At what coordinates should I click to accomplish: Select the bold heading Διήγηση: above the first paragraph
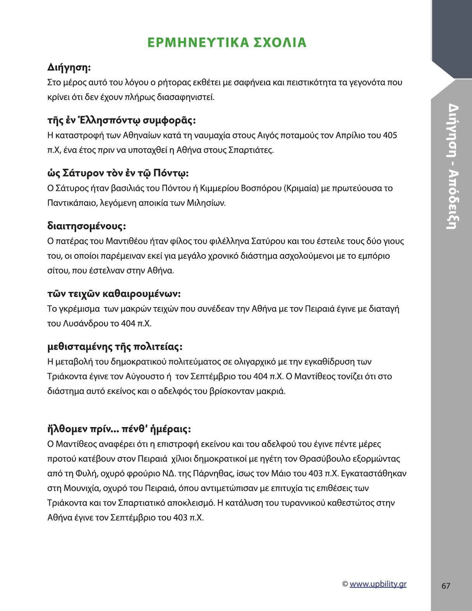click(x=69, y=67)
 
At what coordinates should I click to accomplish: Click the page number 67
click(x=446, y=586)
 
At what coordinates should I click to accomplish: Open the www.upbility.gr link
click(x=378, y=584)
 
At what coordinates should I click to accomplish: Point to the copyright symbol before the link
click(x=345, y=584)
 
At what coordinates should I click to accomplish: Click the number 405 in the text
click(x=390, y=135)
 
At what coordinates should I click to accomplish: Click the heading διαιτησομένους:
click(x=86, y=226)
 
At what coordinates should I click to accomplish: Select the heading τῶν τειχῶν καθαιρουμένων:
click(x=114, y=293)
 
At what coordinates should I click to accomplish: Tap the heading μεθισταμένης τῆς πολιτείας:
click(x=115, y=346)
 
